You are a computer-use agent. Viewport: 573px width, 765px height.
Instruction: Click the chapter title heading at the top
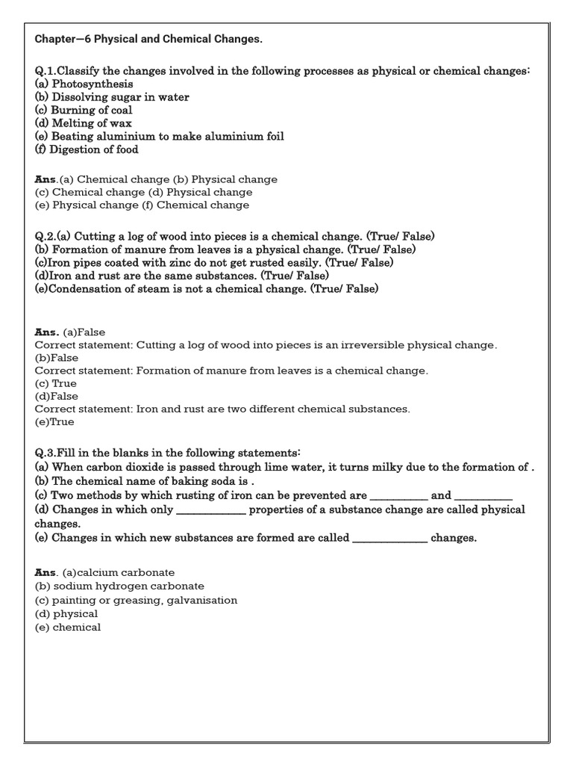click(x=148, y=38)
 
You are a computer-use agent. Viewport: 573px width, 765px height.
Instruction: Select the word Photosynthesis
click(x=93, y=84)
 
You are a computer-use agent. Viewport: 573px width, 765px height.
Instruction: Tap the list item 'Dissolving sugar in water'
click(x=112, y=97)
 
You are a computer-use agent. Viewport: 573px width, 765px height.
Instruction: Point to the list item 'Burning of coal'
click(x=84, y=110)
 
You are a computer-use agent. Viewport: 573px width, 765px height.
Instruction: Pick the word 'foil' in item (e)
click(x=272, y=136)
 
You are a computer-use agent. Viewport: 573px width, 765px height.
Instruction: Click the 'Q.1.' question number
click(x=47, y=71)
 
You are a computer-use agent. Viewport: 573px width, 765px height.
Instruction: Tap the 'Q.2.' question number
click(x=47, y=236)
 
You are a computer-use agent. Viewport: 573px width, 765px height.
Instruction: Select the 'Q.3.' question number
click(x=47, y=453)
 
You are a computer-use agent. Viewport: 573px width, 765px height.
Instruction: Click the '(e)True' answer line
click(x=54, y=422)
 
